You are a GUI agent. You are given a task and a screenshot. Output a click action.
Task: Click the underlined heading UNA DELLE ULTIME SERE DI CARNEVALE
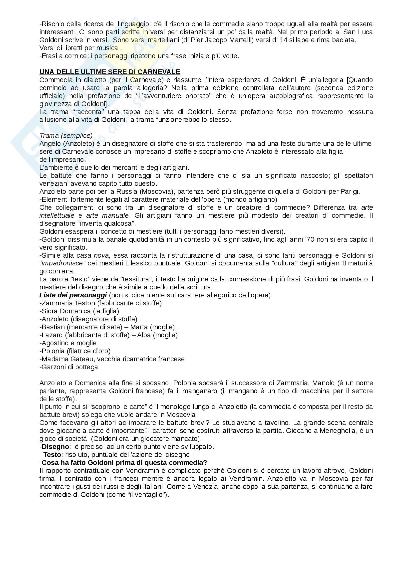point(110,72)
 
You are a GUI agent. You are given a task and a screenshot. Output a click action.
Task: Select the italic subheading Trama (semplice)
point(66,136)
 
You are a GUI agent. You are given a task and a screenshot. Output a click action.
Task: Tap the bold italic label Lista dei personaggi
point(73,295)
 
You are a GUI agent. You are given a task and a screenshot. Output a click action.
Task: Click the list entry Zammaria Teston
point(68,303)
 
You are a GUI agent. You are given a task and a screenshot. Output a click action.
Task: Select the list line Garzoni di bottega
point(69,367)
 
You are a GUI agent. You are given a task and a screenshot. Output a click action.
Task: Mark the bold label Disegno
point(55,447)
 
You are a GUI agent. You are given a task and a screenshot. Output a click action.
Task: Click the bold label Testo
point(52,454)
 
